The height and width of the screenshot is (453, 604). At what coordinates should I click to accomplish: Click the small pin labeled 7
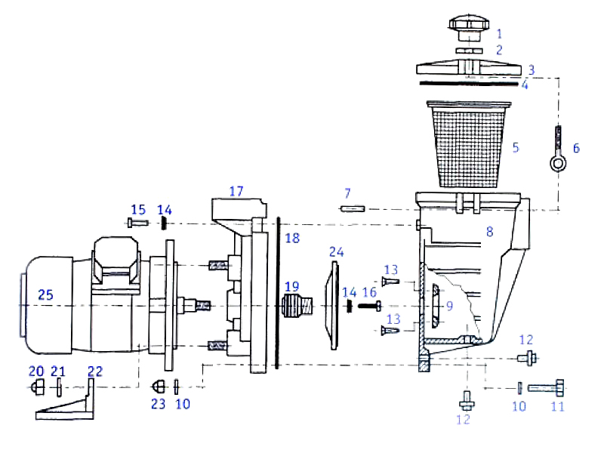[x=353, y=209]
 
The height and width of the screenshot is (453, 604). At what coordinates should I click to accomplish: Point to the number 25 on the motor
[x=46, y=295]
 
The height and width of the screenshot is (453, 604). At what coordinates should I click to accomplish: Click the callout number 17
[x=236, y=191]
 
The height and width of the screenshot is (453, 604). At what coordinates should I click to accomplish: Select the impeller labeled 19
[x=295, y=307]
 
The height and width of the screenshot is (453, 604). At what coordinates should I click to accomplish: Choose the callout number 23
[x=158, y=404]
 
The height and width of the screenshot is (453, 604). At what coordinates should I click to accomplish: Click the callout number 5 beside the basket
[x=516, y=147]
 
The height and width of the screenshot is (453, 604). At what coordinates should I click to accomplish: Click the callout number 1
[x=498, y=33]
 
